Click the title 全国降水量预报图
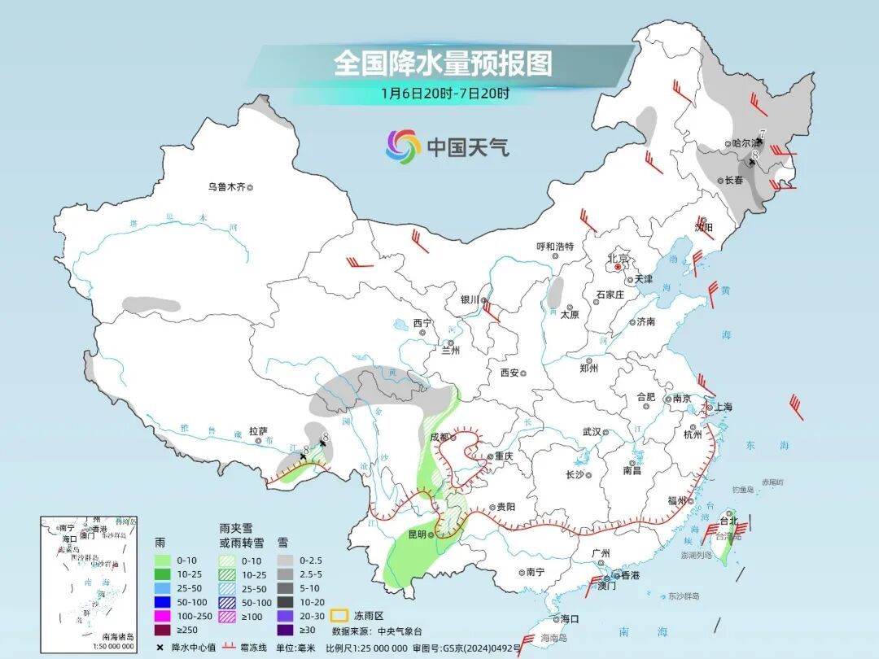pos(443,63)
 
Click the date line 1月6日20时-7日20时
pos(445,93)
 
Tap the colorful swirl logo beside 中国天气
pos(403,146)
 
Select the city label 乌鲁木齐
pos(226,187)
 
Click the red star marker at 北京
pos(619,266)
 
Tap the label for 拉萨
pos(259,431)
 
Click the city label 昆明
pos(417,535)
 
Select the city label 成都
pos(440,436)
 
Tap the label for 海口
pos(570,619)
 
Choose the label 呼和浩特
pos(554,247)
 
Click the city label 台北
pos(728,521)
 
